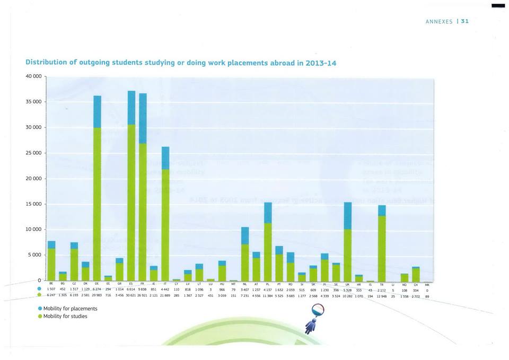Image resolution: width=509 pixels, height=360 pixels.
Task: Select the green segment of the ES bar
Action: tap(131, 201)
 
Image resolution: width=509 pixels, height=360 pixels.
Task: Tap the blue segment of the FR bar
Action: tap(143, 118)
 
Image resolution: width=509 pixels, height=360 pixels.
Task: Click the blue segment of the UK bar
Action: tap(348, 215)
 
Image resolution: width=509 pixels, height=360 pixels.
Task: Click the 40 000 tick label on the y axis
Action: tap(33, 76)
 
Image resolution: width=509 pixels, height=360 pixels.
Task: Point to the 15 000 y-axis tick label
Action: tap(33, 204)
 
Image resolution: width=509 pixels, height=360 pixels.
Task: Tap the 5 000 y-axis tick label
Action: tap(35, 255)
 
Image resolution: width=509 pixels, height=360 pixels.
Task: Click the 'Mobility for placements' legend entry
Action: tap(67, 309)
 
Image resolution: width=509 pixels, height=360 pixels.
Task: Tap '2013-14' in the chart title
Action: tap(317, 63)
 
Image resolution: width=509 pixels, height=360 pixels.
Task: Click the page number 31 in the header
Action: tap(465, 22)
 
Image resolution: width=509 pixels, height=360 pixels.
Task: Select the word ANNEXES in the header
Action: tap(439, 22)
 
